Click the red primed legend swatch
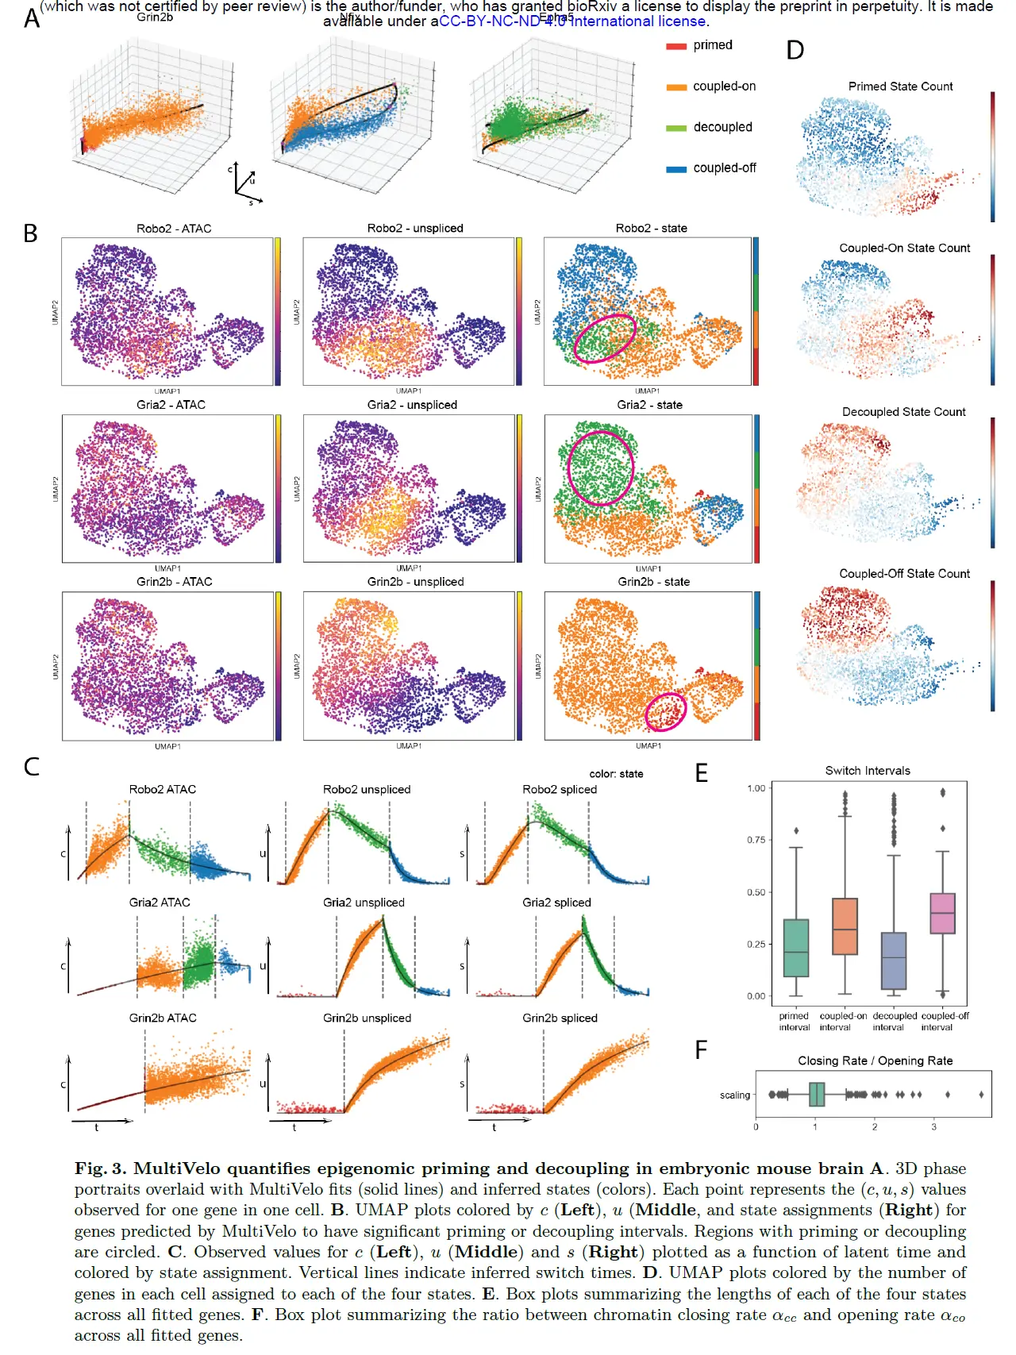pyautogui.click(x=675, y=46)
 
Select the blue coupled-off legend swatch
pyautogui.click(x=675, y=169)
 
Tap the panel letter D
pyautogui.click(x=795, y=51)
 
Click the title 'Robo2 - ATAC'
pyautogui.click(x=174, y=229)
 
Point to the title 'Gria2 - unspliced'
pyautogui.click(x=412, y=405)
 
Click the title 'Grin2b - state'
pyautogui.click(x=653, y=582)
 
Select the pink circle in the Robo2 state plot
pyautogui.click(x=605, y=338)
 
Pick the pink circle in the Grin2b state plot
pyautogui.click(x=665, y=711)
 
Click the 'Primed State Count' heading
pyautogui.click(x=900, y=87)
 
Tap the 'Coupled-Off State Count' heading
pyautogui.click(x=904, y=574)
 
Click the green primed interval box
pyautogui.click(x=795, y=948)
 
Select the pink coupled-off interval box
pyautogui.click(x=942, y=914)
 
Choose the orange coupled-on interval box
pyautogui.click(x=845, y=926)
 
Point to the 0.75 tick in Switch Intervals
pyautogui.click(x=756, y=840)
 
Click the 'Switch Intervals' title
pyautogui.click(x=867, y=771)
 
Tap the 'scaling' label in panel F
pyautogui.click(x=734, y=1095)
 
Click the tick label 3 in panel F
pyautogui.click(x=933, y=1127)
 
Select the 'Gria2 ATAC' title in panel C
pyautogui.click(x=160, y=903)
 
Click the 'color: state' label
pyautogui.click(x=616, y=774)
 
